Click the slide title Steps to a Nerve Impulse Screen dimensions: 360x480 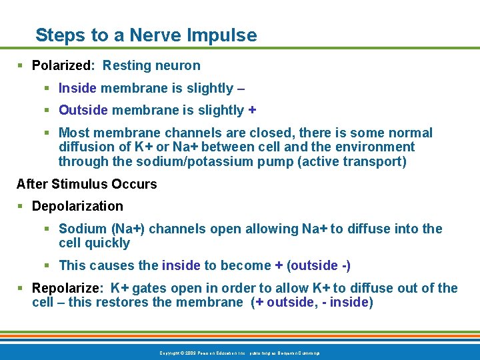[145, 35]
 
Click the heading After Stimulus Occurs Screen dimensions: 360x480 [87, 184]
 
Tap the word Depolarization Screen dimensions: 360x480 [77, 206]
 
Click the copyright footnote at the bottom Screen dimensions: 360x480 [239, 353]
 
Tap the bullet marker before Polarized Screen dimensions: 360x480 [21, 65]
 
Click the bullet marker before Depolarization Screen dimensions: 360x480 [21, 206]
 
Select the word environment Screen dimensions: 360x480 [375, 147]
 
